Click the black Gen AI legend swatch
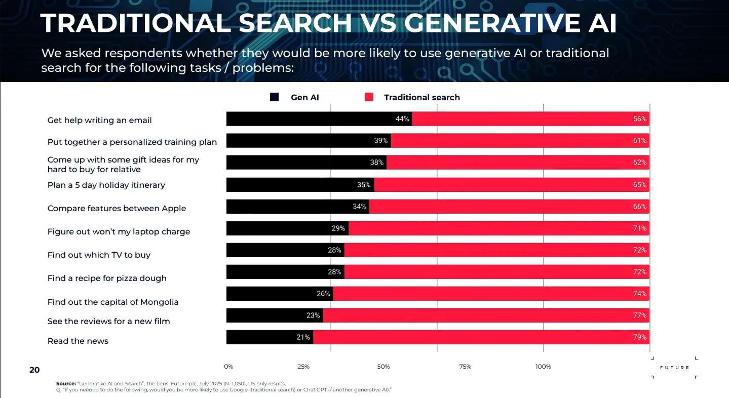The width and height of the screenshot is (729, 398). pyautogui.click(x=274, y=97)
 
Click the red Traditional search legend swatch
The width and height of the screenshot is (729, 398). pyautogui.click(x=369, y=97)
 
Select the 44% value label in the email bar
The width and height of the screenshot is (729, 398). pyautogui.click(x=402, y=119)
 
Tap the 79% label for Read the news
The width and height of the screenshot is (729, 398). pyautogui.click(x=639, y=337)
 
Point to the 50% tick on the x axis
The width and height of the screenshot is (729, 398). pyautogui.click(x=383, y=367)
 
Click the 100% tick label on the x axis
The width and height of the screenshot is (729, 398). pyautogui.click(x=543, y=367)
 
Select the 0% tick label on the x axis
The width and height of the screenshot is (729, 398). pyautogui.click(x=228, y=367)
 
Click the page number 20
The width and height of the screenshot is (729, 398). pyautogui.click(x=34, y=370)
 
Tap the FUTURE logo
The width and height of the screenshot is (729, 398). pyautogui.click(x=674, y=367)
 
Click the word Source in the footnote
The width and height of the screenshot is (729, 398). pyautogui.click(x=65, y=383)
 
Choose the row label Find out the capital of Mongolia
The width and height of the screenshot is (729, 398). pyautogui.click(x=113, y=302)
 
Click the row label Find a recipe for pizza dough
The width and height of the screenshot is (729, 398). pyautogui.click(x=107, y=278)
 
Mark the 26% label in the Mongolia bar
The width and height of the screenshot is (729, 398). pyautogui.click(x=323, y=294)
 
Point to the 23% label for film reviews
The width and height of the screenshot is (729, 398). pyautogui.click(x=313, y=315)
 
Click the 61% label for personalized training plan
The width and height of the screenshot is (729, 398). pyautogui.click(x=639, y=141)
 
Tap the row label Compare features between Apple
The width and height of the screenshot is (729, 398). pyautogui.click(x=117, y=209)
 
